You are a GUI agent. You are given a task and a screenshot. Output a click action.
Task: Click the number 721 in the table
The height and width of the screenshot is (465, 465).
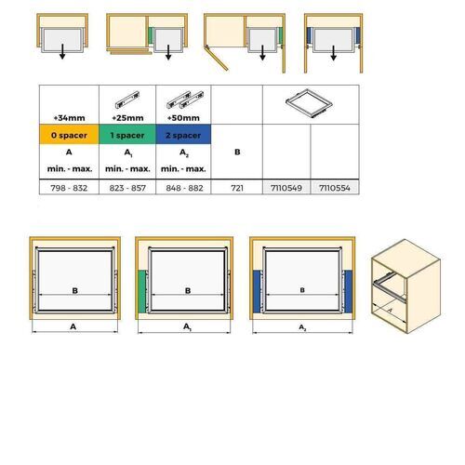click(x=237, y=186)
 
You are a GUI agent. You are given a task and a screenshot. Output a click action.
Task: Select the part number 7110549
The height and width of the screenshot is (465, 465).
click(x=285, y=186)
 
